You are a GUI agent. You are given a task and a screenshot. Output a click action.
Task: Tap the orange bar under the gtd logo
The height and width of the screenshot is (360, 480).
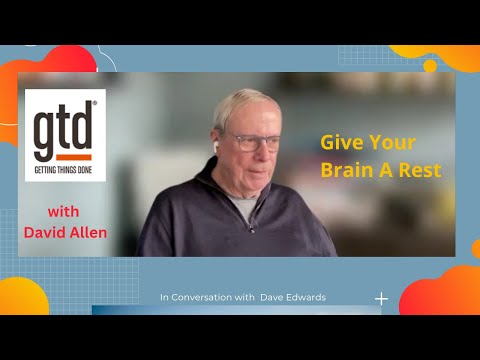(x=62, y=157)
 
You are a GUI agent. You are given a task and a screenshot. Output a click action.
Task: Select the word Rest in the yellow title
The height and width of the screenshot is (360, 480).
(x=421, y=170)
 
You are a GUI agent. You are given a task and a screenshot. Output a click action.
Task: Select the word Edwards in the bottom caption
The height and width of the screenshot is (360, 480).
(x=306, y=297)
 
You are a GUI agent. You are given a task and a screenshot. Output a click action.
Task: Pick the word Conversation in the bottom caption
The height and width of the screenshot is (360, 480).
(x=206, y=297)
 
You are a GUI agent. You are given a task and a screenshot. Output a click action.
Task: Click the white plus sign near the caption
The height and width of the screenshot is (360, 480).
(x=381, y=298)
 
